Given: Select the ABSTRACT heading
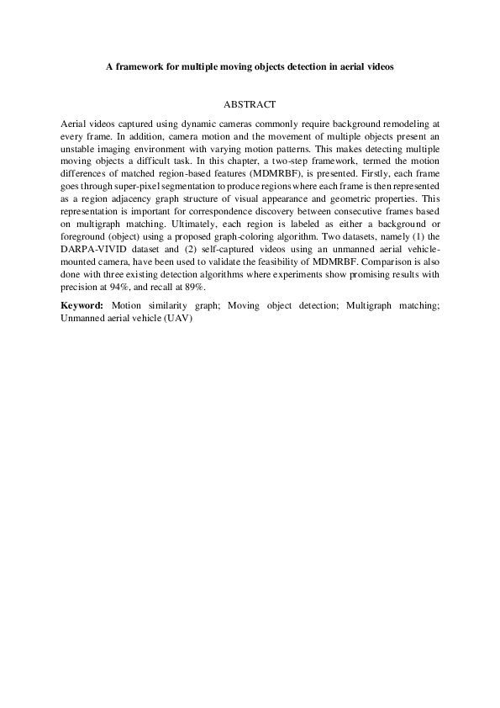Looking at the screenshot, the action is [x=250, y=105].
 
